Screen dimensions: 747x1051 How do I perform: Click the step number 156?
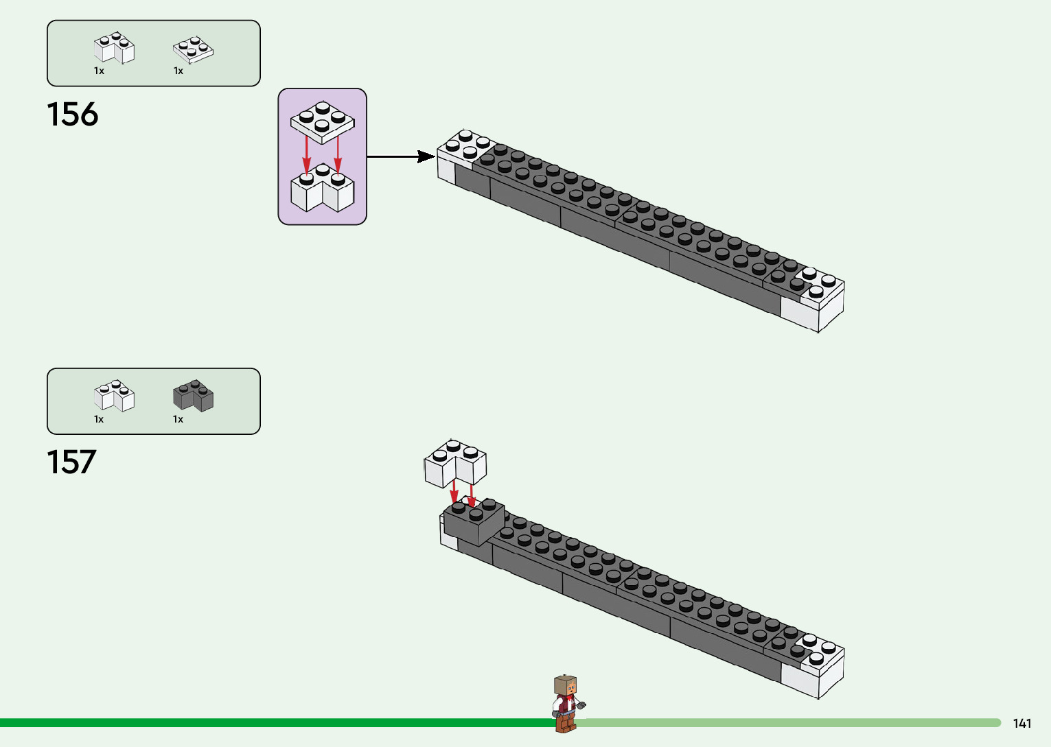click(x=72, y=115)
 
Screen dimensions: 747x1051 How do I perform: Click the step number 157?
click(x=71, y=462)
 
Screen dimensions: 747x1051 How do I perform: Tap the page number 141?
click(x=1021, y=723)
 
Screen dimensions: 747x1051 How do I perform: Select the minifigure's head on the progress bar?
click(x=565, y=685)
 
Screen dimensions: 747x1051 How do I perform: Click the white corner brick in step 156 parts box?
click(x=114, y=49)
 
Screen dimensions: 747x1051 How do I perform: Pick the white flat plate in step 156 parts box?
click(x=193, y=49)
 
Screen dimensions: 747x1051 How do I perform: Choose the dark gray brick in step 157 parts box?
click(x=193, y=396)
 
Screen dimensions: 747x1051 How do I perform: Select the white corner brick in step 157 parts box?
click(x=114, y=396)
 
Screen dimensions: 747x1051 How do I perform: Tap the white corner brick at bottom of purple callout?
click(x=322, y=189)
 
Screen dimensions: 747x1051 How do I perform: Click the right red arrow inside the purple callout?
click(x=338, y=152)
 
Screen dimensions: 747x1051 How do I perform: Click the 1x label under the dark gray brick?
click(x=178, y=419)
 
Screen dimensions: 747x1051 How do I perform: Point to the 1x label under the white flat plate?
click(x=178, y=71)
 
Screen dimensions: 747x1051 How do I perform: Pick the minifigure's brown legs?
click(x=566, y=722)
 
